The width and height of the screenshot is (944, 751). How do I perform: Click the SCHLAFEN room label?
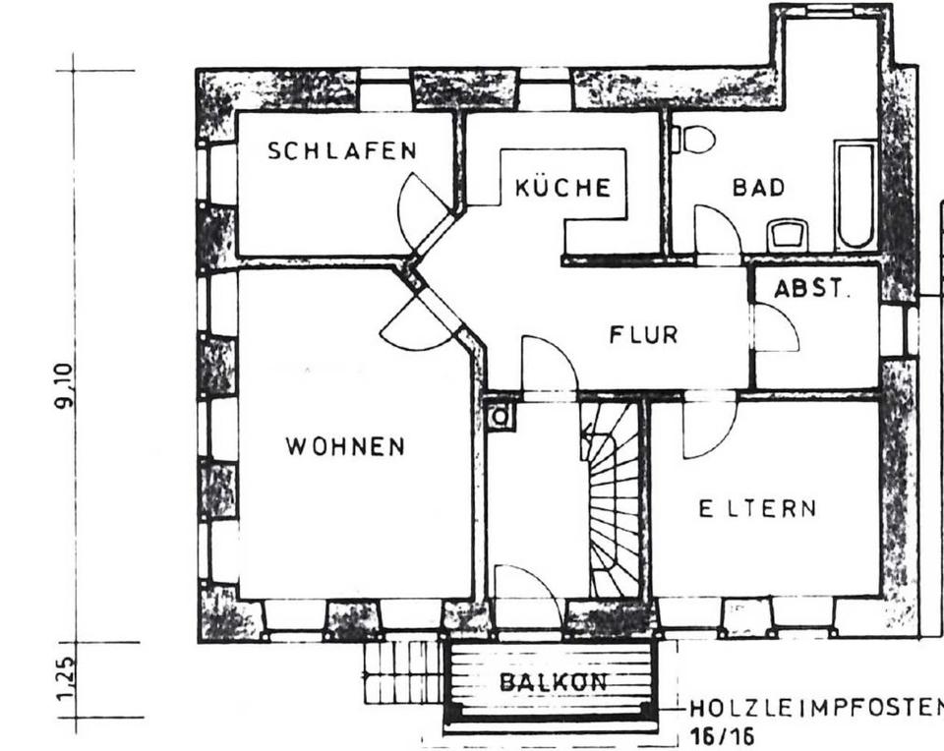[342, 150]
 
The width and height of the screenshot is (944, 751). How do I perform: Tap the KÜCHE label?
[563, 188]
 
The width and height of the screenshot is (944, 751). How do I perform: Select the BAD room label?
[759, 188]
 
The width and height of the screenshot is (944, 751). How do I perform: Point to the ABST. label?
[811, 289]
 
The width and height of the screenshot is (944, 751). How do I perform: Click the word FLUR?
[643, 334]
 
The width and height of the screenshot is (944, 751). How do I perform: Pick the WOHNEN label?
[345, 446]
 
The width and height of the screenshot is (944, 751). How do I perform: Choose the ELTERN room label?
[757, 509]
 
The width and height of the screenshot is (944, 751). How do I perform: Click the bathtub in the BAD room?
[855, 194]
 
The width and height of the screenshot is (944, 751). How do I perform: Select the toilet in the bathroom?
[696, 140]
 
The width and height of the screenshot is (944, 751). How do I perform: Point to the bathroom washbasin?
[789, 235]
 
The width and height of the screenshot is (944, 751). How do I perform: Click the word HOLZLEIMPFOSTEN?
[815, 708]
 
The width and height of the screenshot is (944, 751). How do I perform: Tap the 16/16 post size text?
[722, 736]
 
